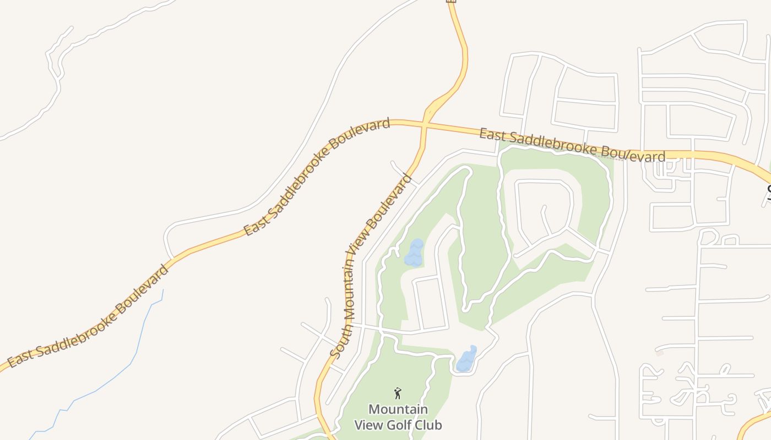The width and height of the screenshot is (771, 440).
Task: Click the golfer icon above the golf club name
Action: (398, 393)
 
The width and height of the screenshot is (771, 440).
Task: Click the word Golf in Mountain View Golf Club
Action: (397, 425)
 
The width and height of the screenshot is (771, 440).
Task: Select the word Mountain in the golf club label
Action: (398, 410)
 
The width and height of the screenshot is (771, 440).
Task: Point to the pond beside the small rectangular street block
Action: (414, 253)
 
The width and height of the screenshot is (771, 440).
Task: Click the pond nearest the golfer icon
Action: (466, 360)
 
